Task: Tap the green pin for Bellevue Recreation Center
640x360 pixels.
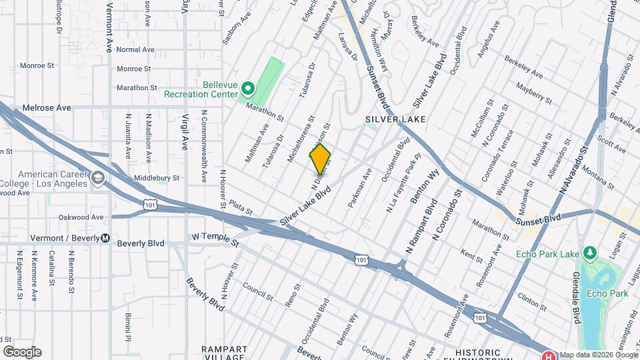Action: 247,88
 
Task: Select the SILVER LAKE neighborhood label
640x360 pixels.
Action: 395,119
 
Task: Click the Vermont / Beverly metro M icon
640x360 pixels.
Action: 105,239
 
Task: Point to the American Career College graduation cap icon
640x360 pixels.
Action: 99,177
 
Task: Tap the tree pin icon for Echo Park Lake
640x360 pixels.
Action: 589,253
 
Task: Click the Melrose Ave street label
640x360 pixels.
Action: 46,107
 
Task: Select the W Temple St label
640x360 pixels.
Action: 215,237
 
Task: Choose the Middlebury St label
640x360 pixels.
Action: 157,178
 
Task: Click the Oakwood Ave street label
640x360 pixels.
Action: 81,217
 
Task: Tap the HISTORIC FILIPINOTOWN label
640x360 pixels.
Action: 487,352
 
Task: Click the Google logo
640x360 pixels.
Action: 22,352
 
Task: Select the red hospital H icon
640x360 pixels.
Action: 549,355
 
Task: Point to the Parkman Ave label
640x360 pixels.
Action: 359,188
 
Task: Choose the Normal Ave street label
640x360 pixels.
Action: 135,50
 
